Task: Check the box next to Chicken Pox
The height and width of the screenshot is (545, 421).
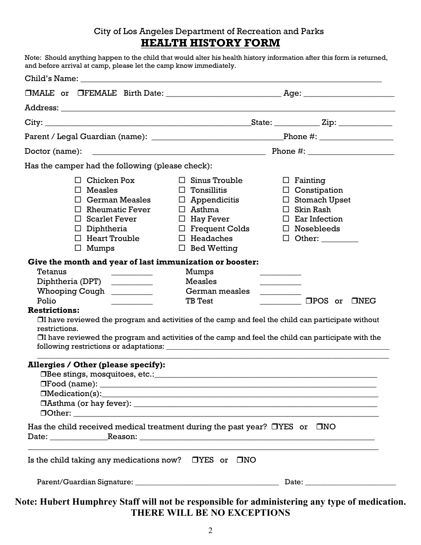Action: point(78,180)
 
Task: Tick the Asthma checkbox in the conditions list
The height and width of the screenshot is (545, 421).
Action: point(182,210)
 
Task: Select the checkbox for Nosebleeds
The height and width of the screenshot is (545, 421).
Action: point(286,229)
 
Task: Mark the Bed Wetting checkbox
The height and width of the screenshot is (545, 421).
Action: point(182,248)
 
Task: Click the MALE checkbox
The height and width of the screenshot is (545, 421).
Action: point(27,93)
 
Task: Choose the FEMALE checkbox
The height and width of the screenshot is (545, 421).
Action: point(80,93)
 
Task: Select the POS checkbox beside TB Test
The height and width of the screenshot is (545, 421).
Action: point(309,301)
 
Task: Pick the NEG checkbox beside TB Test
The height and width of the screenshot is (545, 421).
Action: point(355,301)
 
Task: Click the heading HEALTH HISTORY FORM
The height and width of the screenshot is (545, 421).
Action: point(210,43)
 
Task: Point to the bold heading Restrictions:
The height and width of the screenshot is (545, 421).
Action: point(54,310)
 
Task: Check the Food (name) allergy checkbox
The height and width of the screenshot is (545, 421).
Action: point(43,384)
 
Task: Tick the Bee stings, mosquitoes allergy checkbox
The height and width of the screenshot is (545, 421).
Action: point(43,374)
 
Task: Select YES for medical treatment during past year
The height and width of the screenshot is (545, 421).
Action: point(275,427)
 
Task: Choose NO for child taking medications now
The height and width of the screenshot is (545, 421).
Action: point(239,460)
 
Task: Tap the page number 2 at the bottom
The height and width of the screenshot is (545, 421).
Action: point(210,531)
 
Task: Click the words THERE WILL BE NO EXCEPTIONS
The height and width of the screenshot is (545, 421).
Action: point(210,513)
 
